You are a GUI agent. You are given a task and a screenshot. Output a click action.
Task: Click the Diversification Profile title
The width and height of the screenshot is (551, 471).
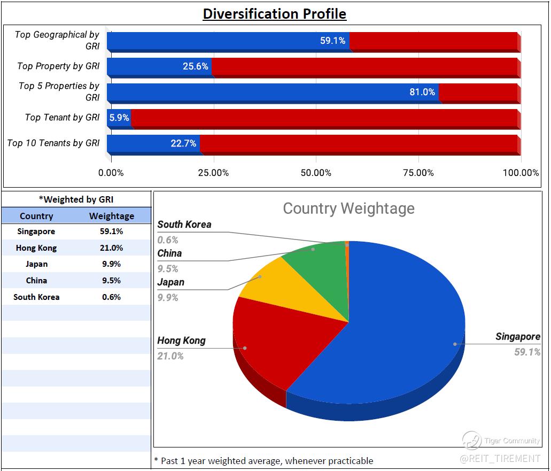(274, 13)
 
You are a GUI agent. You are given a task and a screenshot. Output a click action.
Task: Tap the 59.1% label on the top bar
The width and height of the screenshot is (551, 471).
(332, 41)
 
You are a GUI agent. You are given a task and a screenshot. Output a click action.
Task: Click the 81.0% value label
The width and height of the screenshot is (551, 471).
(422, 92)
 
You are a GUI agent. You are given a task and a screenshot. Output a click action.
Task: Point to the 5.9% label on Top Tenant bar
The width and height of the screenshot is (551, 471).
(119, 118)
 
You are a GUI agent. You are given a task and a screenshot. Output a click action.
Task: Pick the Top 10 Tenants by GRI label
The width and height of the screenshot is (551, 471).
(53, 143)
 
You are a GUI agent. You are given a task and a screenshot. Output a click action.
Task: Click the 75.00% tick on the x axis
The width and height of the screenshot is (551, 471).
(418, 173)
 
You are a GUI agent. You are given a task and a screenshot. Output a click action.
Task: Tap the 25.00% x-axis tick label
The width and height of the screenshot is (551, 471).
(213, 173)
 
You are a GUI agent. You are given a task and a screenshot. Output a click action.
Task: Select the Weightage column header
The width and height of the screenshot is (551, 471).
(112, 216)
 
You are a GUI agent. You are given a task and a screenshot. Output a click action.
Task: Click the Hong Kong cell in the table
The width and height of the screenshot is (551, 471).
(36, 248)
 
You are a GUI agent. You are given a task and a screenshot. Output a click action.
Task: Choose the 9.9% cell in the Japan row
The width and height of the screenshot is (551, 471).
(112, 264)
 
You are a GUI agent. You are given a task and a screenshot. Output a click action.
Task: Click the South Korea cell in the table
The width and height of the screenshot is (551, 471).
(36, 297)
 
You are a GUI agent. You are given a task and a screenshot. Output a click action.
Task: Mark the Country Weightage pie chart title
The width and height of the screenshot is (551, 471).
(348, 208)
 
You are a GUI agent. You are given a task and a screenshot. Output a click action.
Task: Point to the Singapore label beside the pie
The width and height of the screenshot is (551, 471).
(517, 337)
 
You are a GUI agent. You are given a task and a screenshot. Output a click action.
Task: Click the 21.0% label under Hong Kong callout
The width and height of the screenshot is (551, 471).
(170, 356)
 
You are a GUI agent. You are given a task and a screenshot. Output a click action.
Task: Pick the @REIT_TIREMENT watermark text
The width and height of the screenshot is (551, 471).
(500, 459)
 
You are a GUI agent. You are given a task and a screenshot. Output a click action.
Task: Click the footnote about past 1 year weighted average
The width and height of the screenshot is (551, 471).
(263, 461)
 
